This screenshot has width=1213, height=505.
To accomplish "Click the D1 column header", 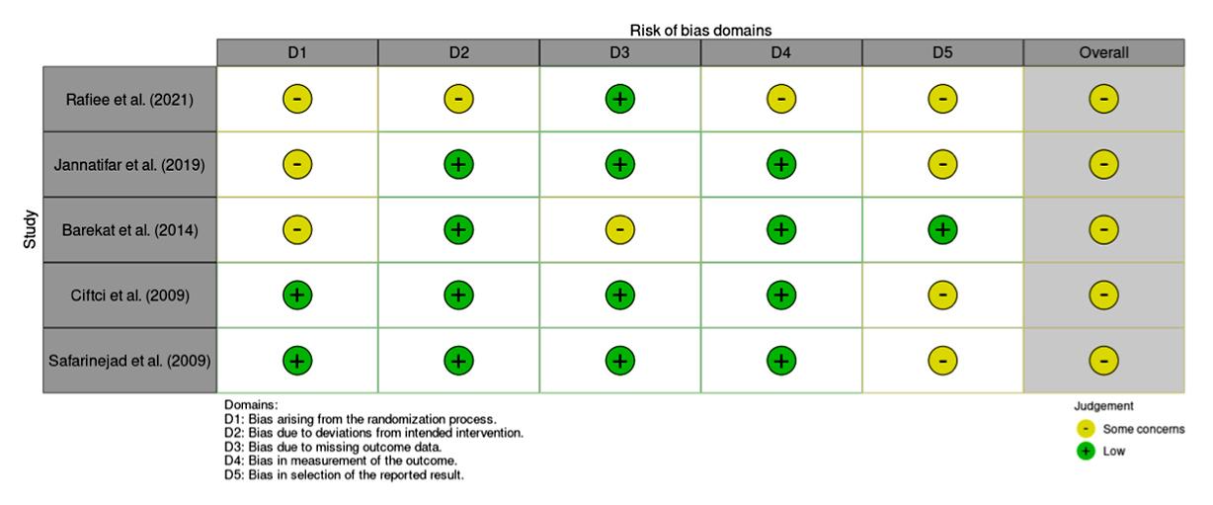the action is click(297, 52).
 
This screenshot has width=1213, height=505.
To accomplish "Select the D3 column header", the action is click(619, 52).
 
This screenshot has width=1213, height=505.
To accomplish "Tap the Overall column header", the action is click(1103, 52).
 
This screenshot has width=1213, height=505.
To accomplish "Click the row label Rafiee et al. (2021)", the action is click(129, 99).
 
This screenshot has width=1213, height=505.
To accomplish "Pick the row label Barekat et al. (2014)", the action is click(129, 230).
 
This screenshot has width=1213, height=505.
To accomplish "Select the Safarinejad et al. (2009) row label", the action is click(129, 362).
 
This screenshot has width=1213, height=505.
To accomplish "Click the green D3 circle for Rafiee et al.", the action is click(620, 99).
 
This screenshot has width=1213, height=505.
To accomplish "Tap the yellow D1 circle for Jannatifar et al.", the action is click(297, 165).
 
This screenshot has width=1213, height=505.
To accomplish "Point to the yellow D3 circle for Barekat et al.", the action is click(620, 230).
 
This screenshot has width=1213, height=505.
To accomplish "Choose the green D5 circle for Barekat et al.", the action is click(942, 230).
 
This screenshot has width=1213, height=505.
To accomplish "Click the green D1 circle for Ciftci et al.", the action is click(297, 295).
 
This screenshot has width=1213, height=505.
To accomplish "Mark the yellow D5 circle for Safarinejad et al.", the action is click(942, 362).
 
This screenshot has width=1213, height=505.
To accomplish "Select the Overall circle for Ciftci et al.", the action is click(1103, 295).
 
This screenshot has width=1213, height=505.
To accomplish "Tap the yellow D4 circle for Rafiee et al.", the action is click(781, 99).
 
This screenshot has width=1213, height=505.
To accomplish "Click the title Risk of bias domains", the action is click(700, 31).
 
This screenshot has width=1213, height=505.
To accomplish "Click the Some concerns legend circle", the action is click(1087, 428).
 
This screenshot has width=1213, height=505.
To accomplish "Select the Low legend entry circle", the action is click(1087, 451).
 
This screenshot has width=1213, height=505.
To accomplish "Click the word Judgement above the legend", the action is click(1103, 406).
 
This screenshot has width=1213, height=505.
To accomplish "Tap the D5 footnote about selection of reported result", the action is click(344, 474).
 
